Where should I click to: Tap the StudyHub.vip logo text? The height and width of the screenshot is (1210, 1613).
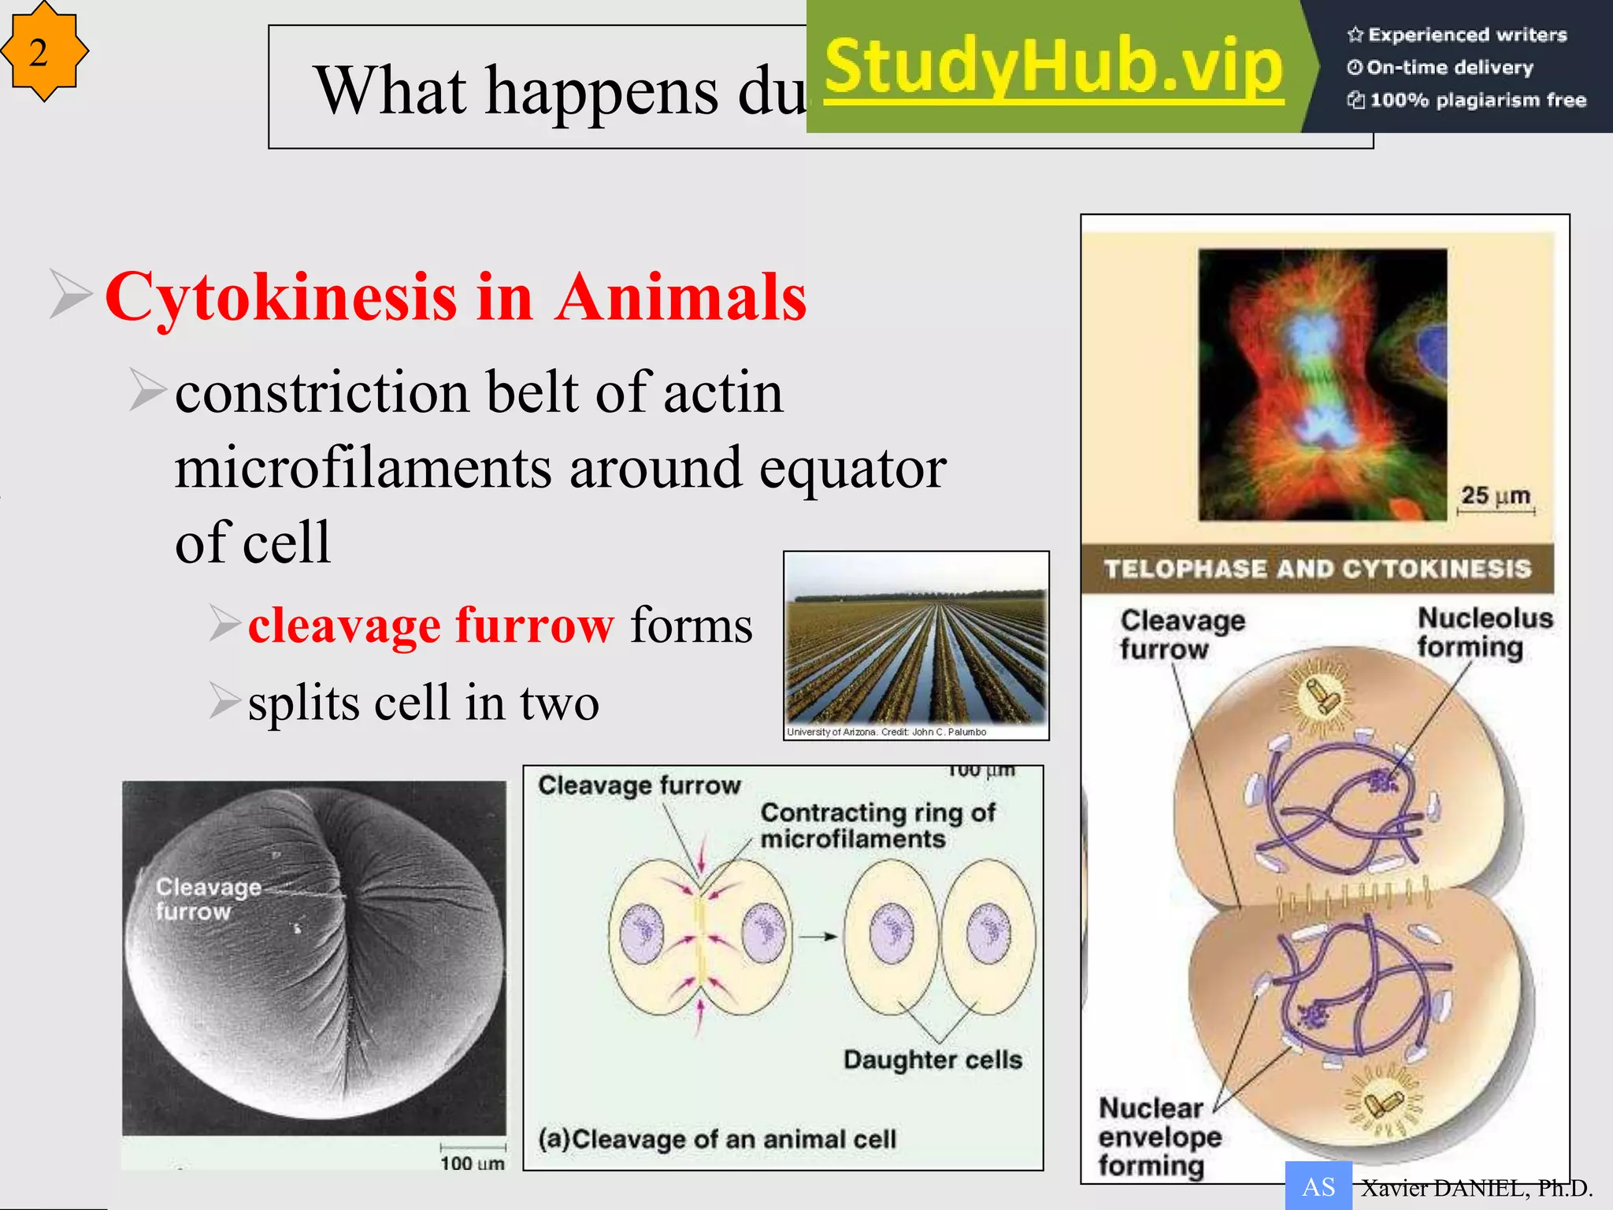[1054, 68]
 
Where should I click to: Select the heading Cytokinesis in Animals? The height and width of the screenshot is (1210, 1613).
[456, 297]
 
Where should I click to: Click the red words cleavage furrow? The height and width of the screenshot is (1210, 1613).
[431, 625]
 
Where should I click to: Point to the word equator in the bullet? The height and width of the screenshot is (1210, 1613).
[853, 468]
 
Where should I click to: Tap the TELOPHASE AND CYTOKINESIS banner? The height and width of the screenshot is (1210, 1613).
[1317, 568]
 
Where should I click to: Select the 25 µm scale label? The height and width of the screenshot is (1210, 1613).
[1495, 496]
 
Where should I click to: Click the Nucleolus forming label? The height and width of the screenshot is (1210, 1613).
[1484, 633]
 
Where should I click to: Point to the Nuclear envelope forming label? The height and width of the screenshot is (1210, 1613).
[1159, 1136]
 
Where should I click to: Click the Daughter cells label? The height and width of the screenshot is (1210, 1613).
[933, 1060]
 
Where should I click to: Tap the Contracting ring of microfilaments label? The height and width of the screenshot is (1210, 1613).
[877, 825]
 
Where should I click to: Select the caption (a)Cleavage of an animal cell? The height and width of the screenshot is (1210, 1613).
[717, 1139]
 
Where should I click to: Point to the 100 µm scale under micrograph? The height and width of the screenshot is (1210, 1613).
[473, 1162]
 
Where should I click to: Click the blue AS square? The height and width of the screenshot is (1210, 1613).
[1318, 1186]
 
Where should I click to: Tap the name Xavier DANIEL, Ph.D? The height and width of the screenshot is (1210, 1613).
[1476, 1188]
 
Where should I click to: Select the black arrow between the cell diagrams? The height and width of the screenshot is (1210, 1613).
[818, 937]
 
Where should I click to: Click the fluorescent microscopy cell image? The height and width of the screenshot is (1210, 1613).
[1322, 384]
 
